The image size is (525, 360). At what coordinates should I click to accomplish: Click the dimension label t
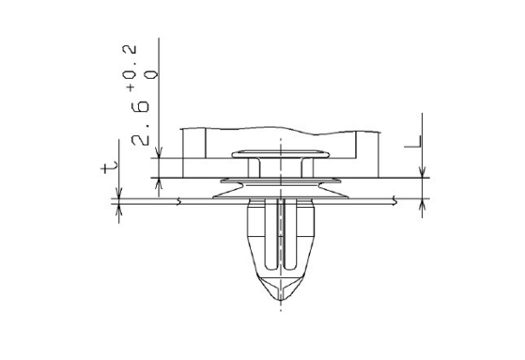pos(111,167)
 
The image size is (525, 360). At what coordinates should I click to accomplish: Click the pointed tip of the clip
pos(280,303)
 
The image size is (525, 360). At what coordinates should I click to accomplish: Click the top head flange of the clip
pos(280,152)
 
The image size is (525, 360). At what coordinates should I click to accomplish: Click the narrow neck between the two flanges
pos(280,169)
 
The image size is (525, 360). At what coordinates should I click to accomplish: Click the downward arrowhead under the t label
pos(118,193)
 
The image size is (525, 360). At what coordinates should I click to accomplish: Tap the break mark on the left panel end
pos(178,200)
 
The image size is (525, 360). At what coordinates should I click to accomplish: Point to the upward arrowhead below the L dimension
pos(424,204)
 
